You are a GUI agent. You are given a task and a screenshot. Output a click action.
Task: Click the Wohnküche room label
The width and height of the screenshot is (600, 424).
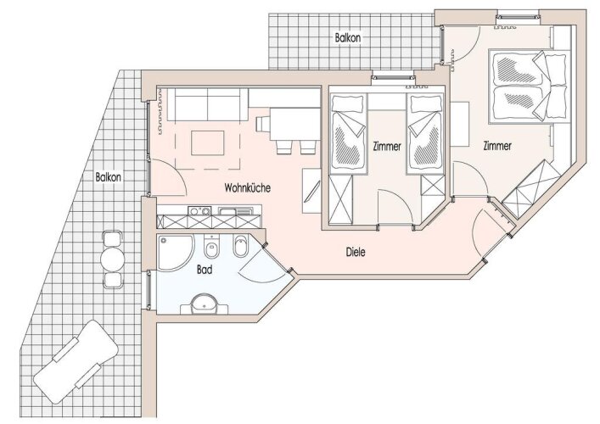[x=247, y=187]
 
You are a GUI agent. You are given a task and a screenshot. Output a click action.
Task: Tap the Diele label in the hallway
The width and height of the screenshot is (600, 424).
[x=356, y=252]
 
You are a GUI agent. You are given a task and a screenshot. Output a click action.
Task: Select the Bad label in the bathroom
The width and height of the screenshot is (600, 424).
[x=205, y=270]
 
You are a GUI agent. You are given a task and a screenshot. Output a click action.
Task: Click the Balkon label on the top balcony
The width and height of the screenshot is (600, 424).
[x=347, y=38]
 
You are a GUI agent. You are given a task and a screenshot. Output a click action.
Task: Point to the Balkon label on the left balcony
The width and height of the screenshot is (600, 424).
[x=109, y=177]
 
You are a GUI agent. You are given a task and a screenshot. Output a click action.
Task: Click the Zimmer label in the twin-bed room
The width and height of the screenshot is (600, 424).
[x=387, y=146]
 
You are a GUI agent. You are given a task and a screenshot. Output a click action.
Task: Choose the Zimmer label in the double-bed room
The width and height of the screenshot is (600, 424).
[x=497, y=146]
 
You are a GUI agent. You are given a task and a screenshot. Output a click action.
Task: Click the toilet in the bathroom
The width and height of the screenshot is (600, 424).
[x=210, y=248]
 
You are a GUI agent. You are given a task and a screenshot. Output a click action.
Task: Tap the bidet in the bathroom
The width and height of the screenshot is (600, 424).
[x=240, y=247]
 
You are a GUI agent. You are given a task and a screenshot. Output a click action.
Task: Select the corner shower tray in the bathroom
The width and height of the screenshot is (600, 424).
[x=174, y=252]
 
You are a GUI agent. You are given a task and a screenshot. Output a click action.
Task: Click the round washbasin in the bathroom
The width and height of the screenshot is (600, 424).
[x=205, y=304]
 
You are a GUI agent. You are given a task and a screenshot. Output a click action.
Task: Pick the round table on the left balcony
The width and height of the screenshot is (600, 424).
[x=113, y=259]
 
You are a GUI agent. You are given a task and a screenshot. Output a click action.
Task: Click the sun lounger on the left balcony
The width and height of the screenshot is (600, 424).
[x=75, y=362]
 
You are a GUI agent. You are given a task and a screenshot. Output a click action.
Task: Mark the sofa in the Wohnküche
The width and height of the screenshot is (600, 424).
[x=207, y=104]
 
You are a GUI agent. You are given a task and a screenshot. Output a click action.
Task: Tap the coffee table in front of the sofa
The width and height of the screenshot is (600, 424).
[x=208, y=142]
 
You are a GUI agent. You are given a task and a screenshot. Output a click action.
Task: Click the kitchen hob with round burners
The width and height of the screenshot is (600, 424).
[x=199, y=210]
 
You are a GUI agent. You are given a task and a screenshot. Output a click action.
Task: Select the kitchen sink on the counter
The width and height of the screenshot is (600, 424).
[x=235, y=210]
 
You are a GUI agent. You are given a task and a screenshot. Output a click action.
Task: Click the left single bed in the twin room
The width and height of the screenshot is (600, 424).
[x=348, y=132]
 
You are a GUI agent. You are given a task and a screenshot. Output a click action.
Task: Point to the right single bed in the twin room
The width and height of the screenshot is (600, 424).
[x=425, y=133]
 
